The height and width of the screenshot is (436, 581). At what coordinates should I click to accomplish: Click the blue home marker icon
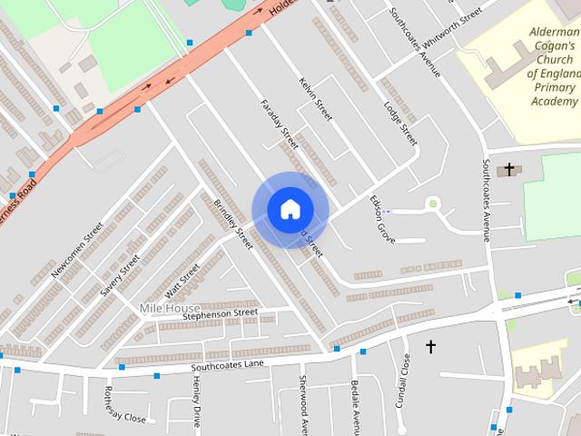point(290,209)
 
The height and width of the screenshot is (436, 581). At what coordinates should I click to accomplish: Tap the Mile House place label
point(169,309)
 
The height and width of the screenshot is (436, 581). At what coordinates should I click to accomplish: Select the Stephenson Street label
point(220,314)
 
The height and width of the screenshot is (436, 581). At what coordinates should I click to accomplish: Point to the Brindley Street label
point(232,223)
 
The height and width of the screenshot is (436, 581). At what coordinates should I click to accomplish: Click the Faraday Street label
point(279,124)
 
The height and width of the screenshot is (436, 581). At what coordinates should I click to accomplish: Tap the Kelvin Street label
point(316,100)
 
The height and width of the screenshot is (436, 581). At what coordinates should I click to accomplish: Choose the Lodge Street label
point(400,124)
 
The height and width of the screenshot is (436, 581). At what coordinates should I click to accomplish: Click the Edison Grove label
point(382,218)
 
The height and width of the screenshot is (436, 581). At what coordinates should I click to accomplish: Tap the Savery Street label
point(120,273)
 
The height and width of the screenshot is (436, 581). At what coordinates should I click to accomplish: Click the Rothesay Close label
point(124,405)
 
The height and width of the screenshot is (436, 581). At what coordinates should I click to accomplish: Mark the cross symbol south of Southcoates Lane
point(430,346)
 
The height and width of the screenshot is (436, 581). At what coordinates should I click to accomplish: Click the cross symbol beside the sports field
point(509,168)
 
